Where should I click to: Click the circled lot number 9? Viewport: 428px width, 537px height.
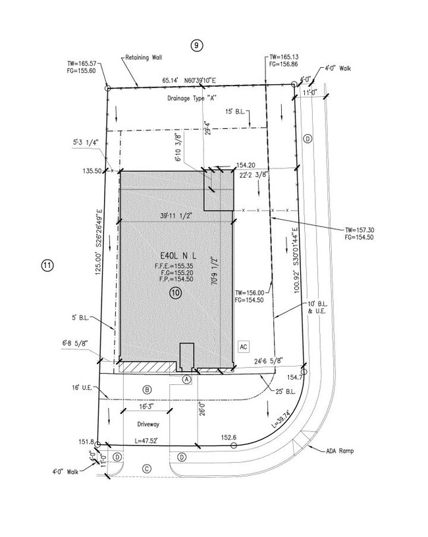[x=197, y=45]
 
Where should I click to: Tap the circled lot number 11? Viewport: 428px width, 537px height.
[x=47, y=266]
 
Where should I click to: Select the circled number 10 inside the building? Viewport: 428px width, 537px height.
[x=175, y=294]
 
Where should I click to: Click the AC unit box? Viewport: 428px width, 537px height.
[x=243, y=345]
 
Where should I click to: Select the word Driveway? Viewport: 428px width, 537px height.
[x=149, y=424]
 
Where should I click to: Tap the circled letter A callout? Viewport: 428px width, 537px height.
[x=187, y=380]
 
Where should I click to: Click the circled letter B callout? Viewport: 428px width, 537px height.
[x=147, y=389]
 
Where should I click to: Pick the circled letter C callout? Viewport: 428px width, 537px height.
[x=147, y=468]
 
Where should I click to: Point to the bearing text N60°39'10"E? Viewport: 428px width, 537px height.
[x=203, y=81]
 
